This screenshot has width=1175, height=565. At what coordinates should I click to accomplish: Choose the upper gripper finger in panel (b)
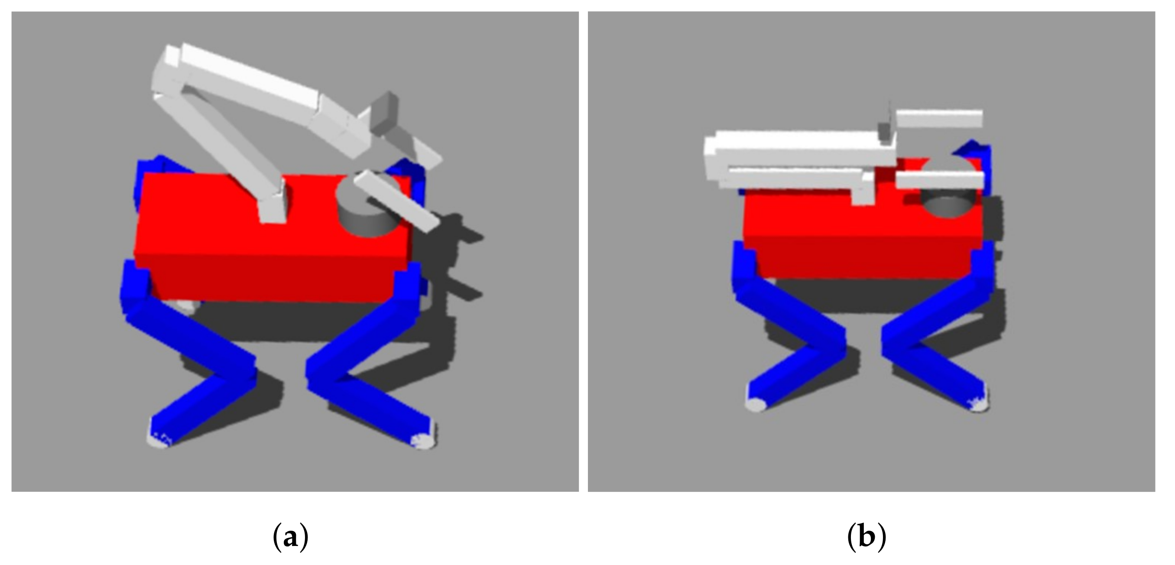click(939, 119)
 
